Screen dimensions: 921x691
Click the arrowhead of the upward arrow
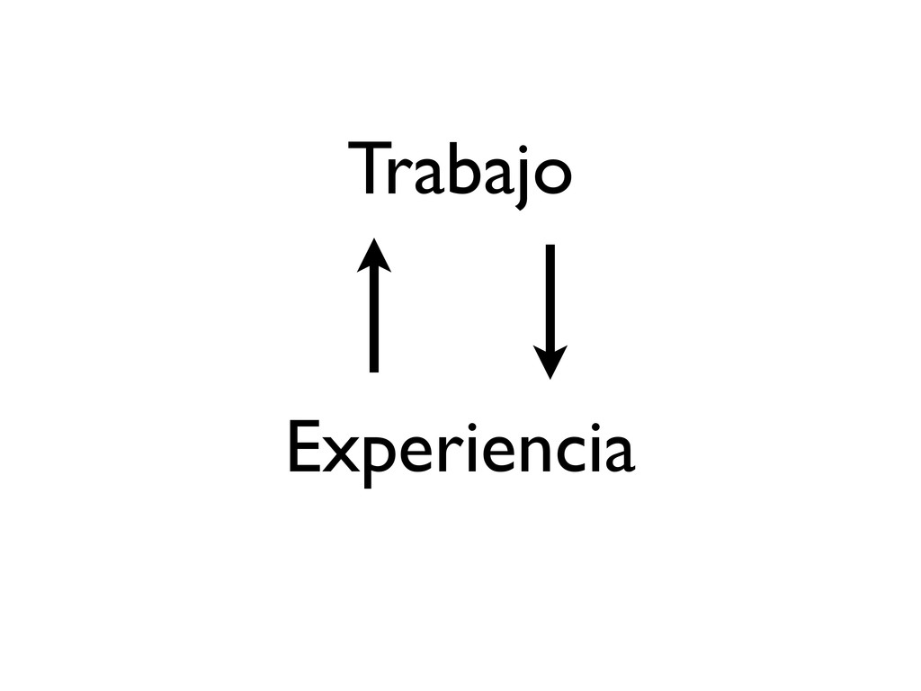[x=373, y=254]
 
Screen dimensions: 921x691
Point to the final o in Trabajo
[x=550, y=178]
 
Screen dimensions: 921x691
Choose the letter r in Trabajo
[x=399, y=178]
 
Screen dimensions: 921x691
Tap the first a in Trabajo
[x=424, y=178]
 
